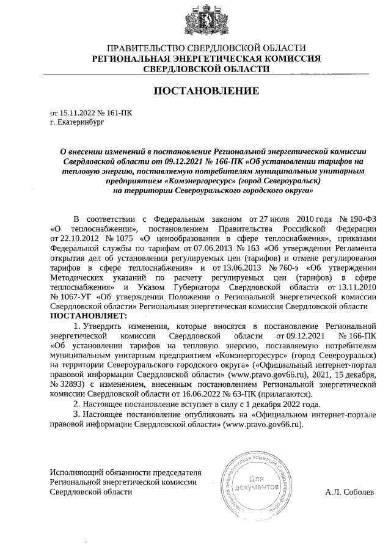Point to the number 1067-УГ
[x=69, y=296]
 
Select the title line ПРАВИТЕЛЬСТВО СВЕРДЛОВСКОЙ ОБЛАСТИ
[x=206, y=48]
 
